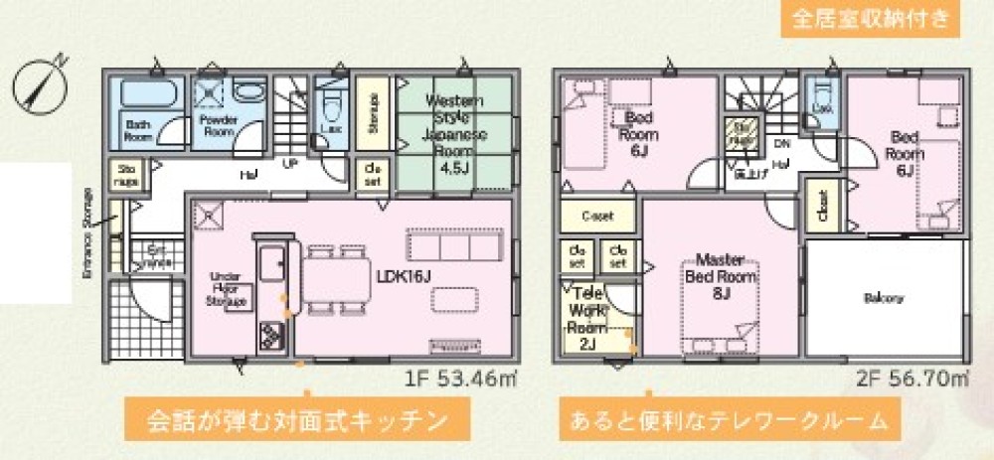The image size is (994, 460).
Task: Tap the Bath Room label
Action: pyautogui.click(x=138, y=131)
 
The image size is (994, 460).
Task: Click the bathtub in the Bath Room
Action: pyautogui.click(x=149, y=95)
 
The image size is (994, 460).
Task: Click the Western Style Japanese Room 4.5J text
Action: pyautogui.click(x=454, y=134)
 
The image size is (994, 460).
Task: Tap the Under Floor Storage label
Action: pyautogui.click(x=226, y=289)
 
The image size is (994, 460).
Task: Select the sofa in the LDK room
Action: pyautogui.click(x=453, y=245)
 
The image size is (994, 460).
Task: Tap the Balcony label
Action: pyautogui.click(x=883, y=298)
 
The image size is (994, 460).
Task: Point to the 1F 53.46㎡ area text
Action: pyautogui.click(x=458, y=379)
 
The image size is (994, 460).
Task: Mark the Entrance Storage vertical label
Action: pyautogui.click(x=87, y=233)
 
